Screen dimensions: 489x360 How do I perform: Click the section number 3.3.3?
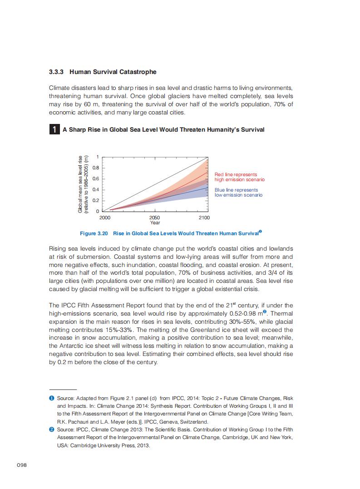click(57, 72)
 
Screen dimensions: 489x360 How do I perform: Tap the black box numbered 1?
click(54, 130)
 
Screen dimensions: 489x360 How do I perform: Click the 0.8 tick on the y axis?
click(95, 168)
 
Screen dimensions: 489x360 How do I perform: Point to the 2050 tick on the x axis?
click(155, 218)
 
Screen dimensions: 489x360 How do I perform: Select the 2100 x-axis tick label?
click(204, 218)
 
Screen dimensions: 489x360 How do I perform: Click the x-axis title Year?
click(155, 222)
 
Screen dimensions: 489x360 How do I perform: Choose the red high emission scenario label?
click(239, 177)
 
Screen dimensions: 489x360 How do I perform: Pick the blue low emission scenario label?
click(238, 193)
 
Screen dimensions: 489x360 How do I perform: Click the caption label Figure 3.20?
click(94, 233)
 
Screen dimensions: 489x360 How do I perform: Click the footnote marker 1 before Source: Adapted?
click(52, 398)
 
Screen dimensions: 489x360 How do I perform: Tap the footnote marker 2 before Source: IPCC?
click(52, 429)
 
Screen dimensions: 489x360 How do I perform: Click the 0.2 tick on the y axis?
click(95, 200)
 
